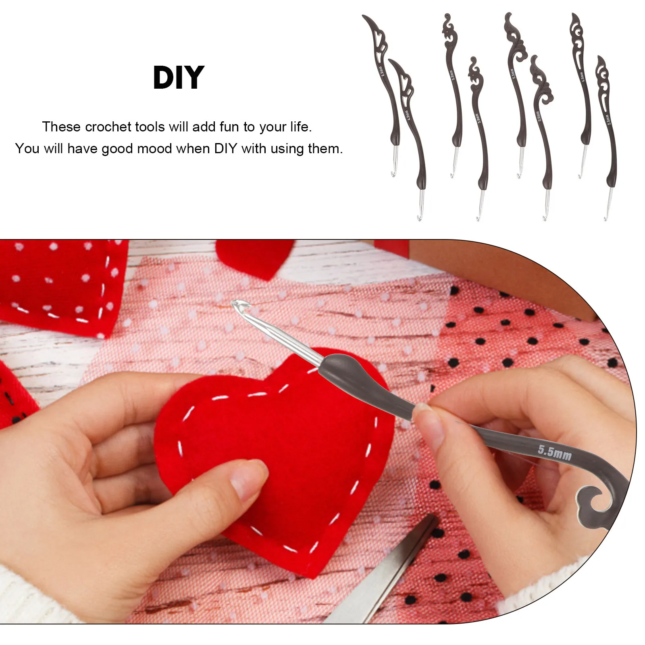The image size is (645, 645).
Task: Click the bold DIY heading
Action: click(x=179, y=77)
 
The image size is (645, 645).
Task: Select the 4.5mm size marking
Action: click(x=582, y=77)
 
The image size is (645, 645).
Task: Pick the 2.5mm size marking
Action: click(x=608, y=119)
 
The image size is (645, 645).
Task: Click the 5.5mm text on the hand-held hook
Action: click(x=554, y=452)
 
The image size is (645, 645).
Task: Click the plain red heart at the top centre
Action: click(x=254, y=256)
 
